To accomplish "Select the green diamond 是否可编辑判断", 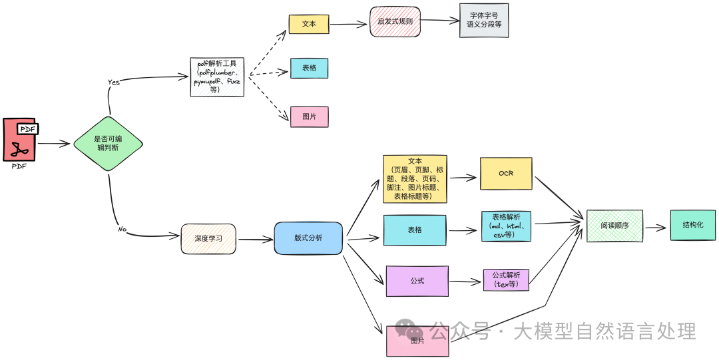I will [107, 143].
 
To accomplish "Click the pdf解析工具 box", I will [217, 77].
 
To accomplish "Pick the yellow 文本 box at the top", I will [309, 24].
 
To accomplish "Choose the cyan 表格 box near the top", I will [309, 69].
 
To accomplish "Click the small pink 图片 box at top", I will [309, 116].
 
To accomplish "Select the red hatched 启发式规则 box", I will [395, 21].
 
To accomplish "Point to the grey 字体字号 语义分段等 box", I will [484, 20].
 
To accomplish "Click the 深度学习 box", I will [208, 239].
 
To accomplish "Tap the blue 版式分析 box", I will [308, 238].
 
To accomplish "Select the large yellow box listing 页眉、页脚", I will [415, 179].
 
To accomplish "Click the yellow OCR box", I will [506, 174].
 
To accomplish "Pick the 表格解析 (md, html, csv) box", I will [506, 226].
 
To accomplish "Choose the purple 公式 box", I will [417, 281].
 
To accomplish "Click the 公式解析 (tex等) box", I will [506, 280].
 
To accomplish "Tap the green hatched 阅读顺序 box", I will [614, 226].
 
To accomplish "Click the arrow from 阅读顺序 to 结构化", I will [656, 228].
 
